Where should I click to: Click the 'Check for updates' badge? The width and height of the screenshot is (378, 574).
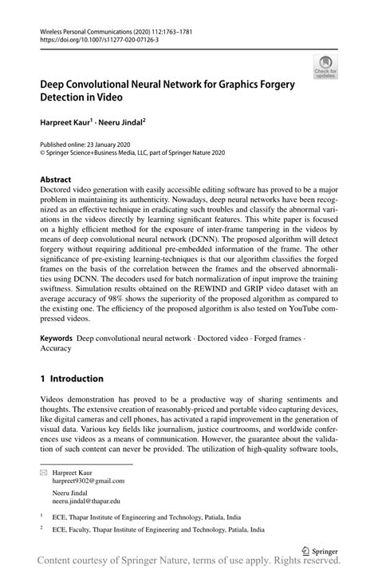325,66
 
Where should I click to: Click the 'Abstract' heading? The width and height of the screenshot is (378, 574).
57,180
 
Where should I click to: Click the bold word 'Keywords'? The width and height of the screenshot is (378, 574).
59,338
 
